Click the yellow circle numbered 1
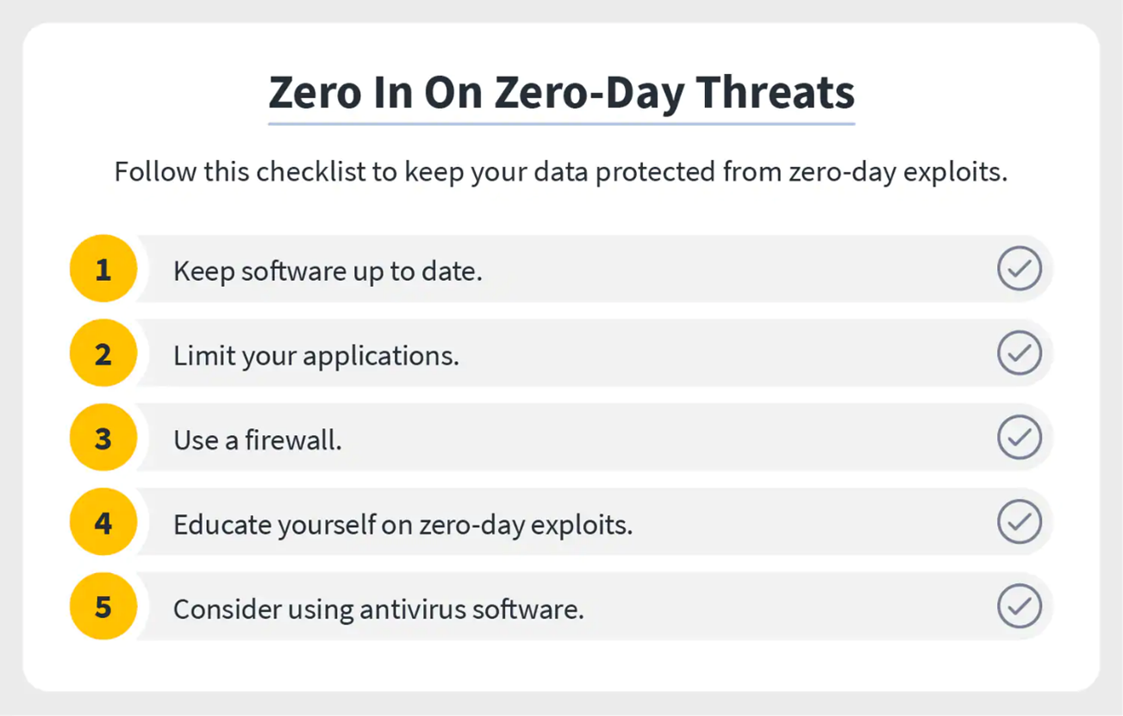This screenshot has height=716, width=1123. pos(103,269)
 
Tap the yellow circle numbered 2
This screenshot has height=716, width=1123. pos(103,353)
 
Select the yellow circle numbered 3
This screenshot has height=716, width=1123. pos(103,438)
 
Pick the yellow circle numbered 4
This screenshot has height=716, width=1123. pos(103,522)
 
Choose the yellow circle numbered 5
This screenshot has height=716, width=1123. pos(103,607)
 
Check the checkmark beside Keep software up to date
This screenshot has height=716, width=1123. pos(1020,269)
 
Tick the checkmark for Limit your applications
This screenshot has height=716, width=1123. pos(1020,353)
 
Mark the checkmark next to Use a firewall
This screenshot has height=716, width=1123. pos(1020,438)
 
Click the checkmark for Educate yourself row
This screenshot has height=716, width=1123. pos(1020,522)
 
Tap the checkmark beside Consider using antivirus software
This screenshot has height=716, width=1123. pos(1020,607)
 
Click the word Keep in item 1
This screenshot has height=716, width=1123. pos(203,271)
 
